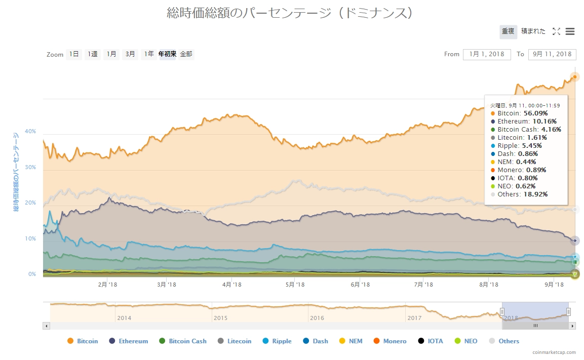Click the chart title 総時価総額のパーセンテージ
click(290, 13)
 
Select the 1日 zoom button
click(73, 54)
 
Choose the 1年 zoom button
click(148, 54)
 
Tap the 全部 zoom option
click(186, 54)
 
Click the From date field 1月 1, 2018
click(486, 54)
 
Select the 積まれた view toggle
click(533, 31)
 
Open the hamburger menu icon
click(570, 31)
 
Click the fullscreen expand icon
click(556, 31)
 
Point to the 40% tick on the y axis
click(30, 131)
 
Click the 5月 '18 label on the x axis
click(295, 285)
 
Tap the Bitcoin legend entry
click(83, 341)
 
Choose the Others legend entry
click(503, 341)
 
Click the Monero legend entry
click(390, 341)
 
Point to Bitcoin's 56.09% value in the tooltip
click(536, 113)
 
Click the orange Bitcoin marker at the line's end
click(575, 77)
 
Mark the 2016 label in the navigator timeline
click(317, 318)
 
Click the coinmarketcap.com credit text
click(554, 352)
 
